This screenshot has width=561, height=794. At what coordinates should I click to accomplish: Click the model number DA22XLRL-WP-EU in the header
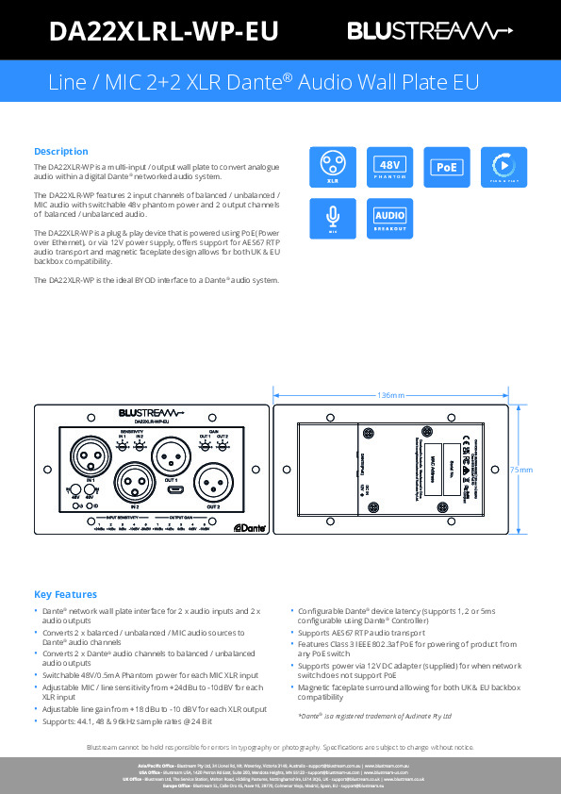coord(163,32)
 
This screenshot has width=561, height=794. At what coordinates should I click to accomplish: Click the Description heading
coord(61,151)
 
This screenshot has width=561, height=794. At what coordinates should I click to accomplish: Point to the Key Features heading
coord(65,594)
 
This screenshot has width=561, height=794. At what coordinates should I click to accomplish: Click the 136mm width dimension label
coord(389,394)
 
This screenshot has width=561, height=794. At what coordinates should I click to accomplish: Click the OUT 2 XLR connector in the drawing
coord(213,484)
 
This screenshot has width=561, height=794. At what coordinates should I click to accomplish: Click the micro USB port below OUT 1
coord(174,490)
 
